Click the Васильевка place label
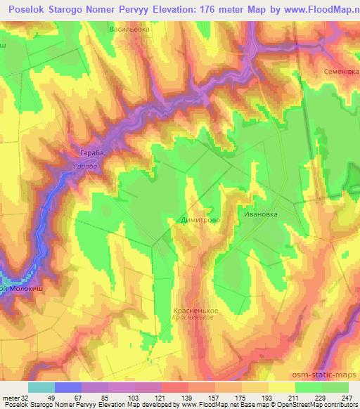(x=130, y=30)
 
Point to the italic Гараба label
(x=84, y=167)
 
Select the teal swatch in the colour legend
(x=41, y=387)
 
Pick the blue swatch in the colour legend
(x=67, y=387)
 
